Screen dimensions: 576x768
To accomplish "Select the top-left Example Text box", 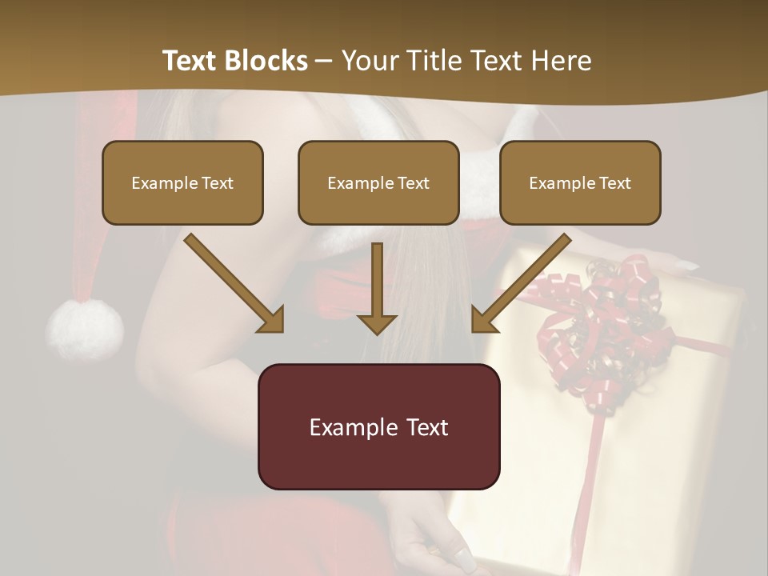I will click(182, 182).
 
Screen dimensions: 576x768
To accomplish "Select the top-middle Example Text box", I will click(378, 182).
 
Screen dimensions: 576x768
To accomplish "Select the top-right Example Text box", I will click(580, 182).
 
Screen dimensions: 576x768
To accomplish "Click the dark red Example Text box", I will click(378, 426).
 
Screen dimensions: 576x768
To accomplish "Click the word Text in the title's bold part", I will click(190, 61).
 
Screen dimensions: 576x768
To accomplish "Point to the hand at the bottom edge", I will click(436, 544).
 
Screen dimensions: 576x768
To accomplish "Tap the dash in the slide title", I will click(324, 62).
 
